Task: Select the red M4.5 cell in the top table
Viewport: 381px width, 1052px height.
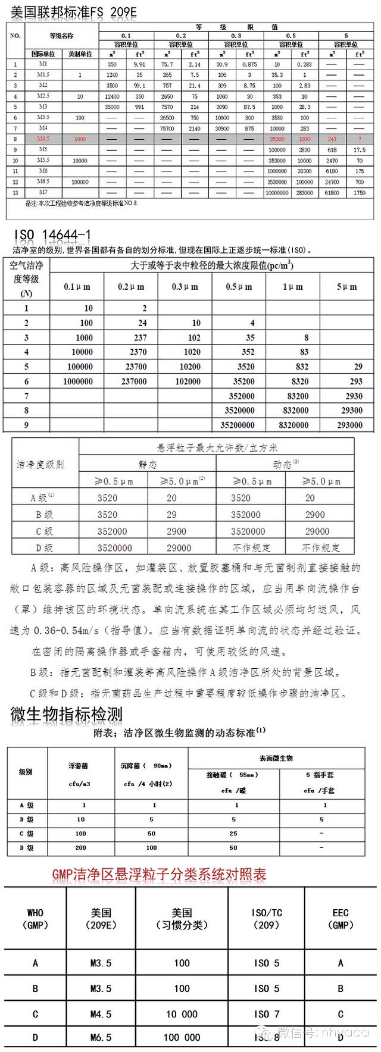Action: click(43, 139)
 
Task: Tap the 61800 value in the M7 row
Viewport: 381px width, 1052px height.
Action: click(332, 193)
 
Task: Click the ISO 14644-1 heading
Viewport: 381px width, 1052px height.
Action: click(51, 235)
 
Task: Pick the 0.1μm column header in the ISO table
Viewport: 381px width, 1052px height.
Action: click(77, 287)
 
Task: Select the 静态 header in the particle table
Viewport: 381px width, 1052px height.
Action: click(148, 465)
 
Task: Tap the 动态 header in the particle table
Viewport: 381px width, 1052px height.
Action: click(285, 464)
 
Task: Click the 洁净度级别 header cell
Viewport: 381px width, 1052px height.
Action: click(40, 464)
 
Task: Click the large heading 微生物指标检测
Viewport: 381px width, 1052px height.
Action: click(66, 714)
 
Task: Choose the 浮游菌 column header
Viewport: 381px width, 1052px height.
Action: click(79, 766)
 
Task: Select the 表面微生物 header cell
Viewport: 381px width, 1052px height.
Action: click(276, 758)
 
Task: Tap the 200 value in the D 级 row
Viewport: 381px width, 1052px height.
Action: click(80, 847)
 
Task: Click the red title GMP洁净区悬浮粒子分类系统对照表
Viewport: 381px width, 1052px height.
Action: click(159, 874)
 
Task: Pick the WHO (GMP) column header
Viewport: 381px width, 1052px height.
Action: click(35, 919)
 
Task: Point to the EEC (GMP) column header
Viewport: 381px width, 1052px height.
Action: click(341, 919)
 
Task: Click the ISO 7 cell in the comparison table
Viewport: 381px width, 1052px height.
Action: click(266, 1014)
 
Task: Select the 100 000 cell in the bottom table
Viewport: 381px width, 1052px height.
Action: click(182, 1037)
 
